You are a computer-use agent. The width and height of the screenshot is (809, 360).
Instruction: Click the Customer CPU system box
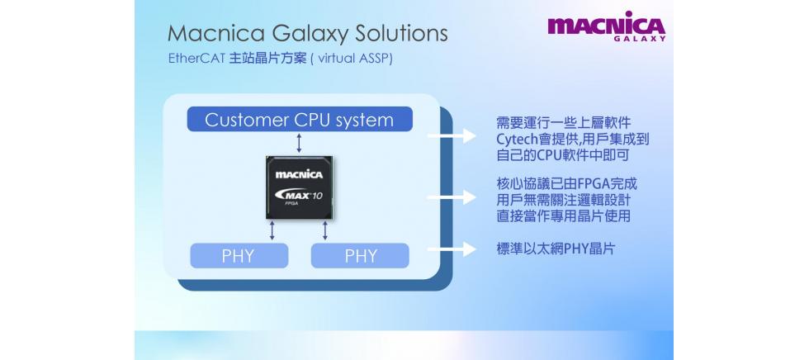point(299,120)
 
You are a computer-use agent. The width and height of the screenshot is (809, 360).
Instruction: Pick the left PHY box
point(239,256)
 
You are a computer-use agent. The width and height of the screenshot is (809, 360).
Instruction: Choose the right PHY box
point(360,256)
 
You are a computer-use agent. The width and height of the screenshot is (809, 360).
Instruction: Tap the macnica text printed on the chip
point(299,174)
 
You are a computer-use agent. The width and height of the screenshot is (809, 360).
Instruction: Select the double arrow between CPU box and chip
point(299,143)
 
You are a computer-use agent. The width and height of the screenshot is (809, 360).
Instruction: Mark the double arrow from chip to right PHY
point(326,230)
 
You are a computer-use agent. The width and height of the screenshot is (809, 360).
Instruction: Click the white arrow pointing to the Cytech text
point(452,138)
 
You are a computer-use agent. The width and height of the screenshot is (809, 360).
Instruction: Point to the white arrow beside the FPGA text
point(452,197)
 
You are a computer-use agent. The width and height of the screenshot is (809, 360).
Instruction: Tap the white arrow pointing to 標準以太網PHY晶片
point(452,248)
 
